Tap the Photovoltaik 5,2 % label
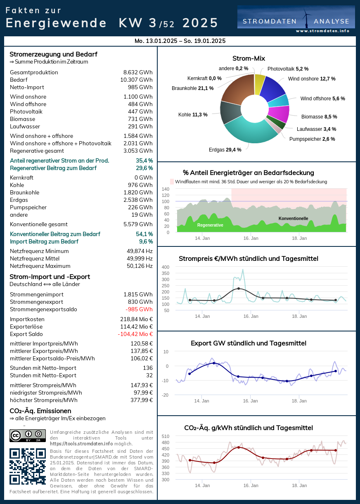tap(288, 69)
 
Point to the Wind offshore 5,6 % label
tap(322, 99)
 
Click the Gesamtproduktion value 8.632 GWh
tap(138, 73)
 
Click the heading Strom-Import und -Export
tap(50, 277)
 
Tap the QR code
tap(28, 466)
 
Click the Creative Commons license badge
tap(28, 435)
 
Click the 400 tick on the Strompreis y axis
tap(165, 267)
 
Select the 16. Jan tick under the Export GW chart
tap(251, 401)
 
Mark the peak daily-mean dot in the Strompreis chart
tap(238, 289)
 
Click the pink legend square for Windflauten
tap(172, 182)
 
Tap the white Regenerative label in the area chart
tap(210, 225)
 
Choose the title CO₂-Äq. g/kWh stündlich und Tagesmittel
tap(248, 428)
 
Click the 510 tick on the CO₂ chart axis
tap(165, 436)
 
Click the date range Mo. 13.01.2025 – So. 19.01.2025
tap(180, 41)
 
